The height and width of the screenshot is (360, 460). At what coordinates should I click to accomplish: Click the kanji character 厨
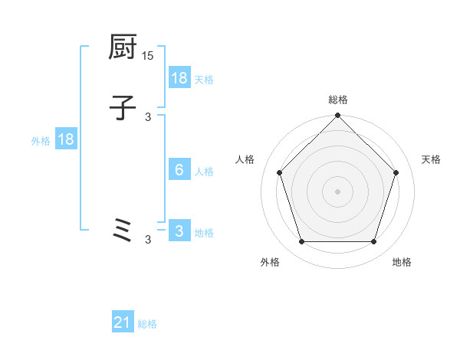(123, 48)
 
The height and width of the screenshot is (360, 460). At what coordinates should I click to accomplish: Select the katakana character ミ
(123, 231)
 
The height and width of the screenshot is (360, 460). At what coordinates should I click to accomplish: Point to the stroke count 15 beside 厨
(147, 56)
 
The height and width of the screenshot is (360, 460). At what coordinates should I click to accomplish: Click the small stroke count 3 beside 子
(148, 116)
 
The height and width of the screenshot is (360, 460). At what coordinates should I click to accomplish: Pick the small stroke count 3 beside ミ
(148, 240)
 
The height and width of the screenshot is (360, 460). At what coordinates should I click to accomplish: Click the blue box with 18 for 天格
(179, 78)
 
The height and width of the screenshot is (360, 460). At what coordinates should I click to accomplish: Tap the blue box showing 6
(179, 170)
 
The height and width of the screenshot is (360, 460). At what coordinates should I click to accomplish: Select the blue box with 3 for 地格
(179, 231)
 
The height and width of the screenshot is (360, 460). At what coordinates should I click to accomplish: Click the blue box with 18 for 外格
(65, 139)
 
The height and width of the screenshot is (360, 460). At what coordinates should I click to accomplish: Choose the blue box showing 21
(123, 323)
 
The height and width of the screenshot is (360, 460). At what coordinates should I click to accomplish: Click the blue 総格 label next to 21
(147, 324)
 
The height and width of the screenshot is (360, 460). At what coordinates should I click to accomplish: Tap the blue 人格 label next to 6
(204, 171)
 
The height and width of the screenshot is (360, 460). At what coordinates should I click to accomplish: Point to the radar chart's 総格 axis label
(337, 100)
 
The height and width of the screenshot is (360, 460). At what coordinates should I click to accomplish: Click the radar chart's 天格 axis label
(431, 159)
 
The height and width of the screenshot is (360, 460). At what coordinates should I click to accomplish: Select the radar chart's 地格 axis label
(402, 262)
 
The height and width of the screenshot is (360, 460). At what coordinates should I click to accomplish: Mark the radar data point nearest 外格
(301, 242)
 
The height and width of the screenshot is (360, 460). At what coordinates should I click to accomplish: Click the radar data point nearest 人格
(279, 172)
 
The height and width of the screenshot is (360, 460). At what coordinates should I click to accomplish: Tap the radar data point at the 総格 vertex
(337, 116)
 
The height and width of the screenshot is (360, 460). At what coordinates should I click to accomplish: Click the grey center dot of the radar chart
(337, 191)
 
